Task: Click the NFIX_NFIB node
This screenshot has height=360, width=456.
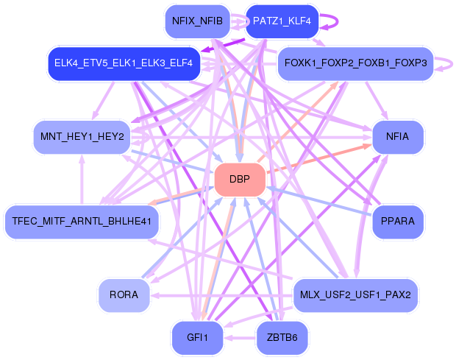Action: [x=197, y=21]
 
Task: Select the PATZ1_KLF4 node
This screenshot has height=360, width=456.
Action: [x=282, y=21]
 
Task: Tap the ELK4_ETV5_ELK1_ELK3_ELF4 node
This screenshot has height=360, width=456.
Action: [x=124, y=64]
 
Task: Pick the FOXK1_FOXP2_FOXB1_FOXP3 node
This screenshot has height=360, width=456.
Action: [x=356, y=64]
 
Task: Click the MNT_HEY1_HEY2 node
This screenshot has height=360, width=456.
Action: [x=82, y=137]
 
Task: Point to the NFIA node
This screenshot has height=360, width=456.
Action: [x=397, y=137]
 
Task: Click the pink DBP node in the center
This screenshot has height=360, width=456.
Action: [x=240, y=180]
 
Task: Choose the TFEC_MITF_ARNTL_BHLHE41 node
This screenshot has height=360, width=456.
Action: [x=82, y=220]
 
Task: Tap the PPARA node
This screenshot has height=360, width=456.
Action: [x=397, y=220]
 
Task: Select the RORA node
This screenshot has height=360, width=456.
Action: [x=124, y=295]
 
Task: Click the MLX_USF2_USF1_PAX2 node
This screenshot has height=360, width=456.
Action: [x=356, y=295]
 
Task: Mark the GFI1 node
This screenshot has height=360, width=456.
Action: [x=197, y=338]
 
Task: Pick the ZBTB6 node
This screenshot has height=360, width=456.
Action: [x=282, y=338]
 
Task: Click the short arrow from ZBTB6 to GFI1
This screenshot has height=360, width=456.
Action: [x=239, y=338]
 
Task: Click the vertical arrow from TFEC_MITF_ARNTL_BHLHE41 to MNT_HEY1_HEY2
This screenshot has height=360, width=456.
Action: [x=82, y=179]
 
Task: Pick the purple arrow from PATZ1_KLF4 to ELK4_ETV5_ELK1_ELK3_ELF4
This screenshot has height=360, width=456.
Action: [x=221, y=46]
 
